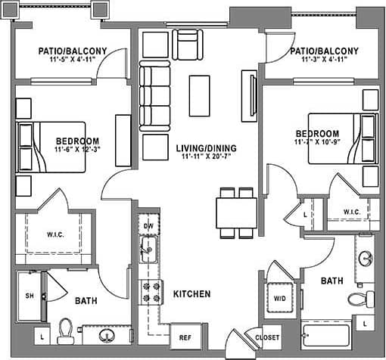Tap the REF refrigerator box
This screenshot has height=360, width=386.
[x=184, y=337]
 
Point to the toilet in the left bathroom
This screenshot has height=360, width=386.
[x=66, y=331]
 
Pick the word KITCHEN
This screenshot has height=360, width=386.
[x=191, y=293]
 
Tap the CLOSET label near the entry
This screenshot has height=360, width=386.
[x=267, y=337]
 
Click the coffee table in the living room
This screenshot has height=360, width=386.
[x=199, y=95]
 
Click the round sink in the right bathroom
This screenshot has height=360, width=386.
[x=366, y=257]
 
